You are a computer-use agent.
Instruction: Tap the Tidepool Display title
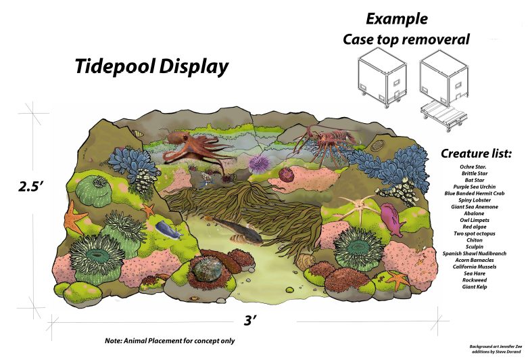pos(151,67)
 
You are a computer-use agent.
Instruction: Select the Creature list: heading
pos(477,154)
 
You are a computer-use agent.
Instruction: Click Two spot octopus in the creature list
pos(477,233)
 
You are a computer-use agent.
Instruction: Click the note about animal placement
pos(170,340)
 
